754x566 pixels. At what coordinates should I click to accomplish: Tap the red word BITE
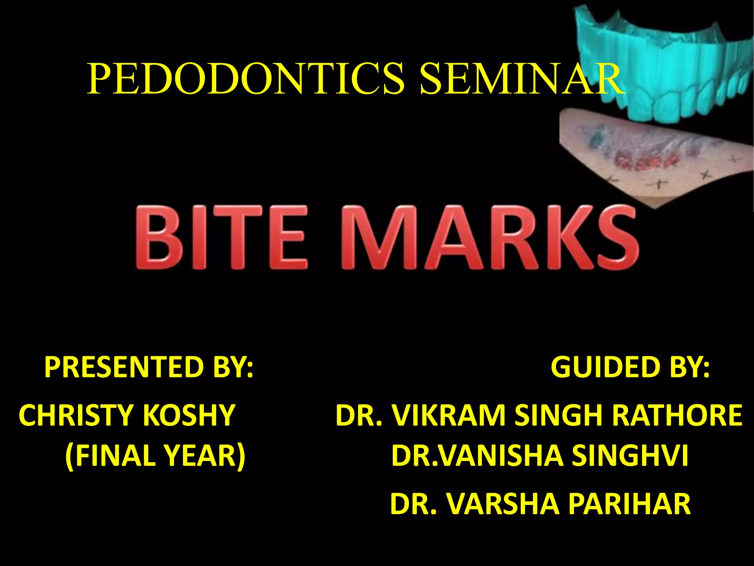coord(221,238)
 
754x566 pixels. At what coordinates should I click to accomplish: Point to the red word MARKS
coord(490,238)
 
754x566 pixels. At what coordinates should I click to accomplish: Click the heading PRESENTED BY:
coord(149,367)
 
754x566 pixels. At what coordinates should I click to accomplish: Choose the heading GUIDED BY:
coord(630,367)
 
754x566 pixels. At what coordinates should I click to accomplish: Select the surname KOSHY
coord(189,415)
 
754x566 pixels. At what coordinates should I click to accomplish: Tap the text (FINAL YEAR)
coord(155,456)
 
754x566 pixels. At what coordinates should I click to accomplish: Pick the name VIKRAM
coord(448,415)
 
